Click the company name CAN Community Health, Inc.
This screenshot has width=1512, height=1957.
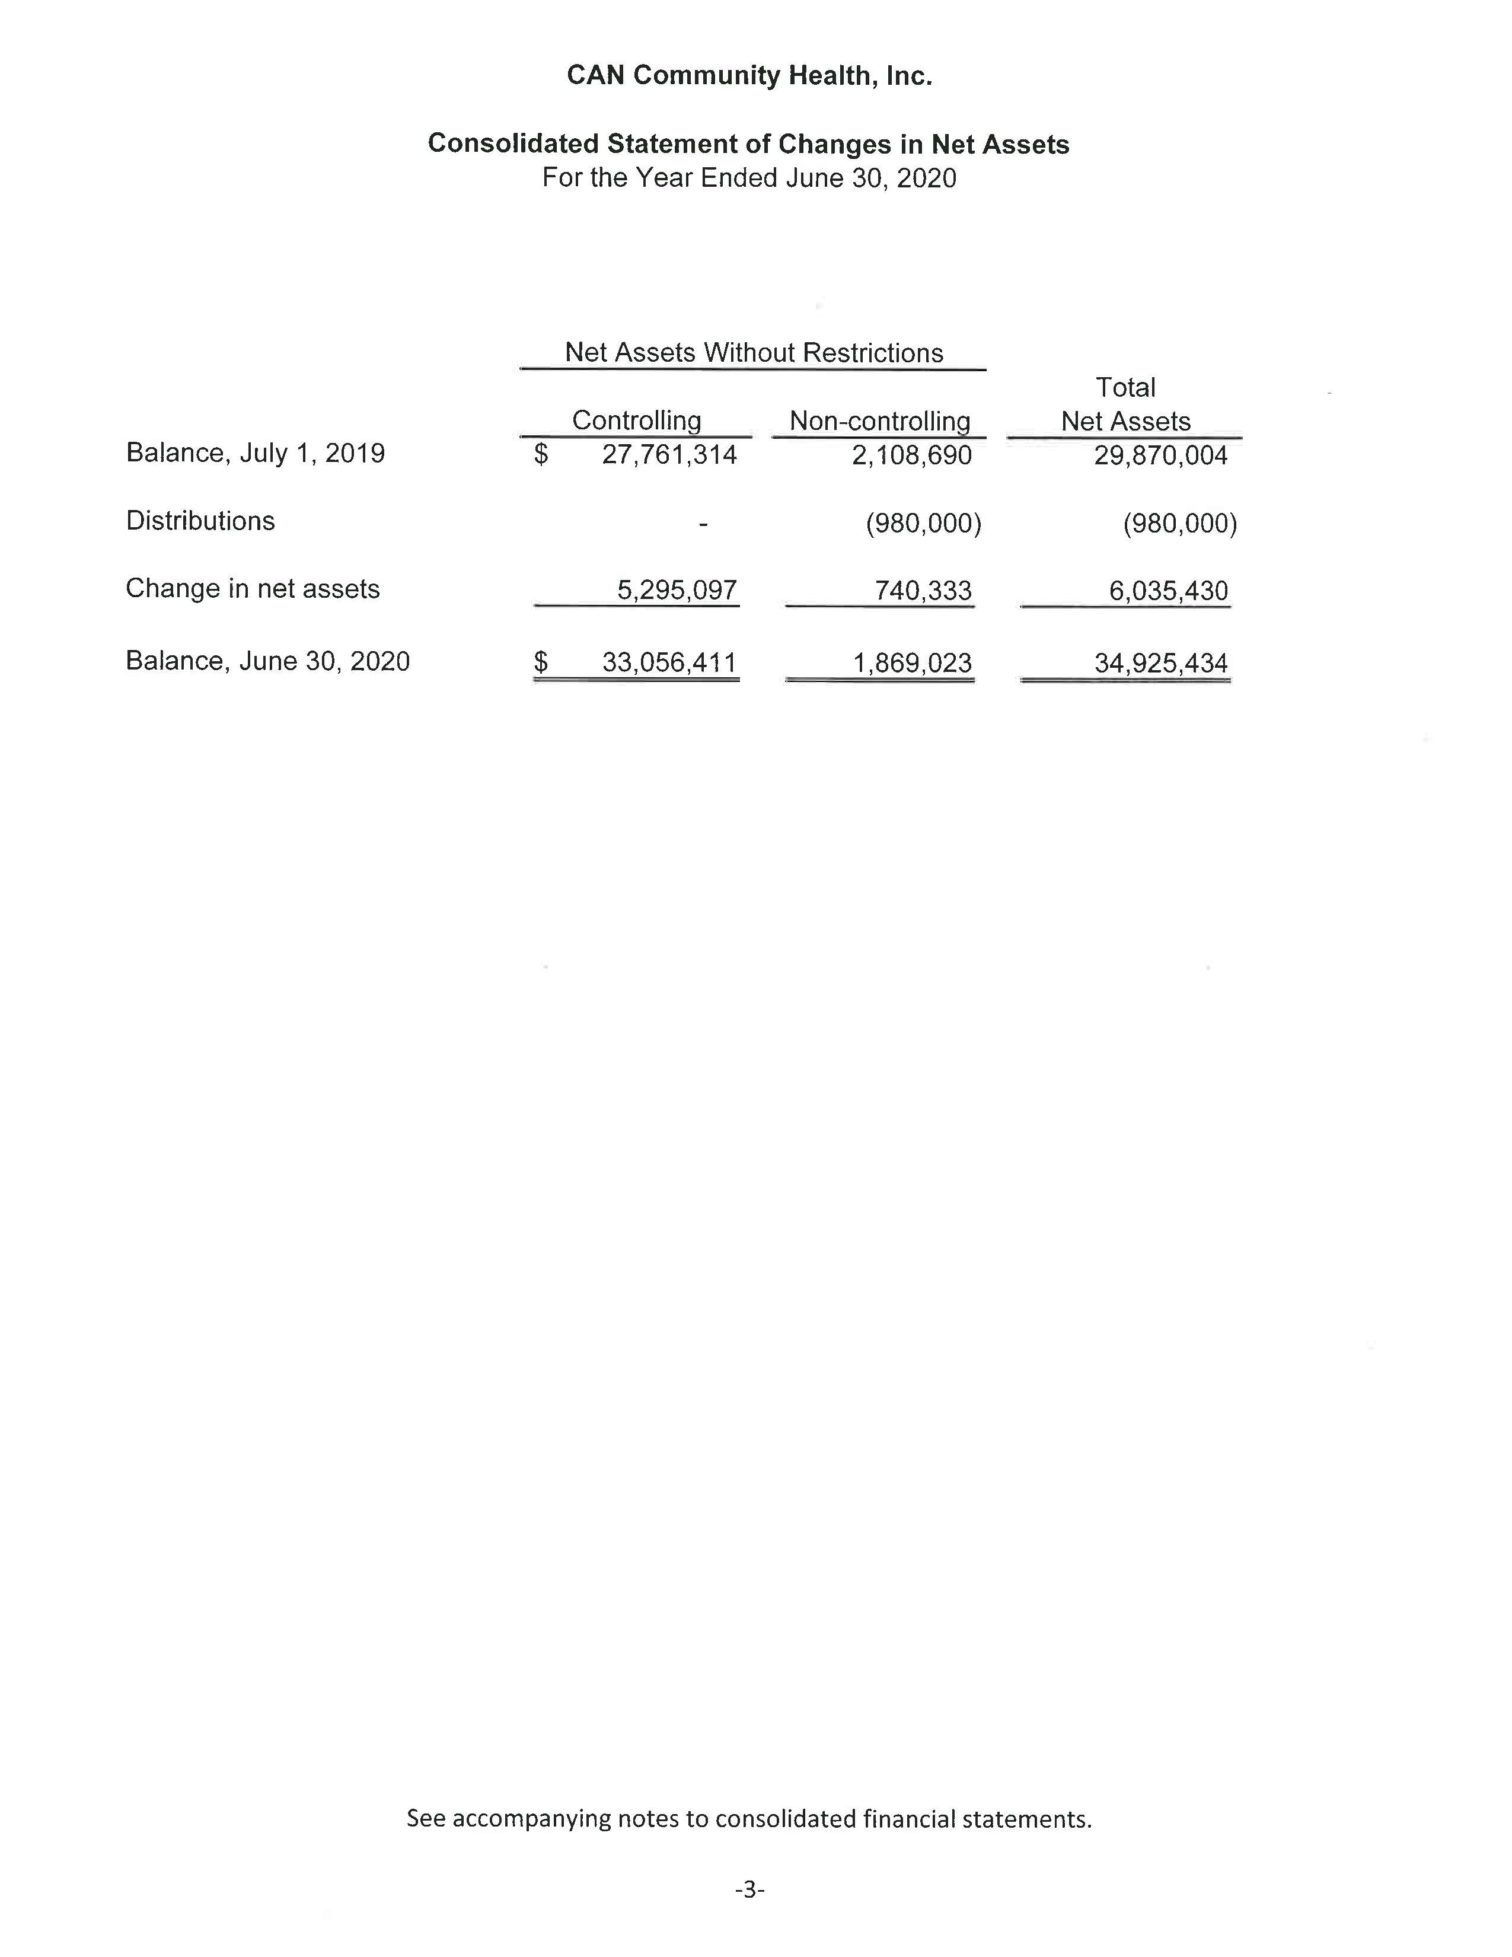749,76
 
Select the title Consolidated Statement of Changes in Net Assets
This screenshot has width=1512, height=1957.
748,144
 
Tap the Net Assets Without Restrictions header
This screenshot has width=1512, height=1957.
753,353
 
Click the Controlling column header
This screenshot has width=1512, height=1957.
636,420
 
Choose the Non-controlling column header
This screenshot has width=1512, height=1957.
879,421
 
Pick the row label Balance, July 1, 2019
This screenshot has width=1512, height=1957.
256,454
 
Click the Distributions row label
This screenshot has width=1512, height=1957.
200,521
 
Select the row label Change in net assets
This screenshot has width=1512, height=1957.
253,589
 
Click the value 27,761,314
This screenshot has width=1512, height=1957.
668,455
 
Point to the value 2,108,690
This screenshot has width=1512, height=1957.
911,456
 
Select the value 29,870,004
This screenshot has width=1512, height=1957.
1160,456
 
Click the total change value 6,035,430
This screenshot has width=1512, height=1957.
1168,591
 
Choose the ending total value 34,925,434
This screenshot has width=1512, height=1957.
1160,663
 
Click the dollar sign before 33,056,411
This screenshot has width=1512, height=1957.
540,662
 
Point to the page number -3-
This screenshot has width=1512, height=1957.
749,1890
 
